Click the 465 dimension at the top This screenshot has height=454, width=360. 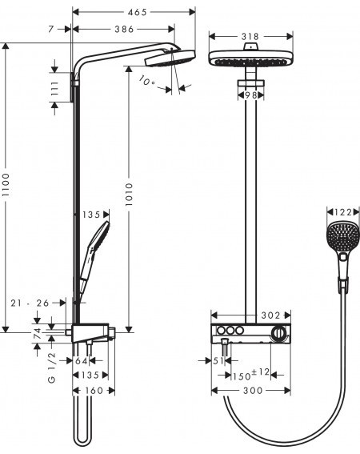pos(137,12)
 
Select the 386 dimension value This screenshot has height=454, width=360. pos(124,29)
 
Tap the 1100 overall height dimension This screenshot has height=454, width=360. pos(6,185)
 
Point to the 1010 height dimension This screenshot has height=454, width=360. pos(129,195)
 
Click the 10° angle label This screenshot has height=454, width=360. pos(146,81)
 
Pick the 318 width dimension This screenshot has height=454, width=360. pos(250,37)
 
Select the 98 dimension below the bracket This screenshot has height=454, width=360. pos(251,95)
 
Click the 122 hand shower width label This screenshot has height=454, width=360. pos(343,212)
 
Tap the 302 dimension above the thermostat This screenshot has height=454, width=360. pos(270,315)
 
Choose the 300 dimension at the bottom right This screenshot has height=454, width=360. pos(253,391)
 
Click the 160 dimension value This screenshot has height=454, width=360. pos(94,391)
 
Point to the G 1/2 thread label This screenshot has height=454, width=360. pos(52,368)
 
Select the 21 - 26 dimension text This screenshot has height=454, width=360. pos(30,303)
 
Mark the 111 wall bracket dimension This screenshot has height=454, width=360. pos(54,89)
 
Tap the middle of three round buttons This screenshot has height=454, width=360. pos(230,330)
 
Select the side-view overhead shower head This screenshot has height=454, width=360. pos(170,58)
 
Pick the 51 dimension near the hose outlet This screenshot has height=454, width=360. pos(218,361)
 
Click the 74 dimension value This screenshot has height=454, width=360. pos(38,334)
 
